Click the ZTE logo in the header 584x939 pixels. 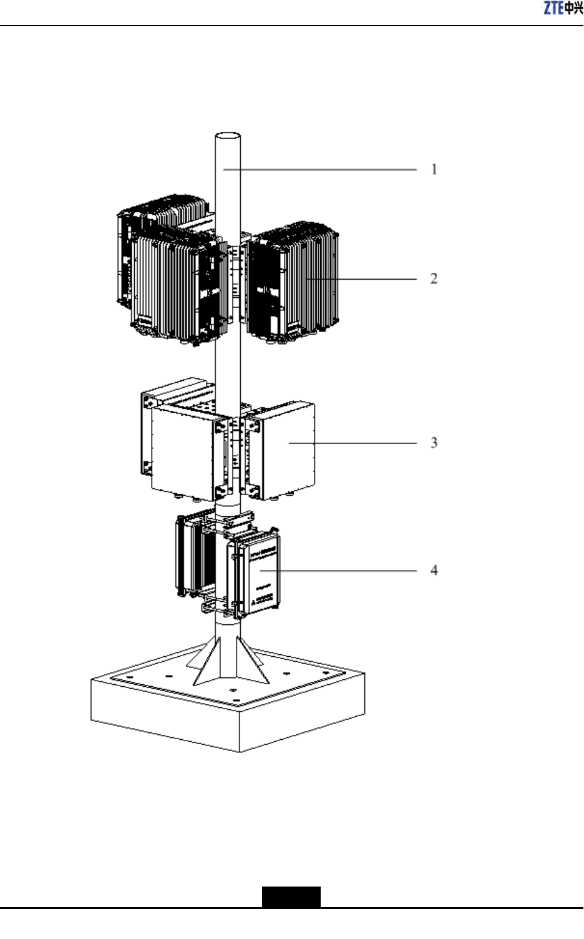(x=563, y=8)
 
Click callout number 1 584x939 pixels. (x=434, y=169)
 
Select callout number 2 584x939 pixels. (x=434, y=278)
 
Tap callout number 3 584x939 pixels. (x=434, y=443)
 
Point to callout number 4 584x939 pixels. (x=434, y=570)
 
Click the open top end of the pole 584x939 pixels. (x=228, y=135)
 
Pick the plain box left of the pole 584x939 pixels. (x=181, y=446)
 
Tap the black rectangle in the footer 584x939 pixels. (x=291, y=897)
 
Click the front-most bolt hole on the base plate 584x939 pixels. (x=233, y=691)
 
